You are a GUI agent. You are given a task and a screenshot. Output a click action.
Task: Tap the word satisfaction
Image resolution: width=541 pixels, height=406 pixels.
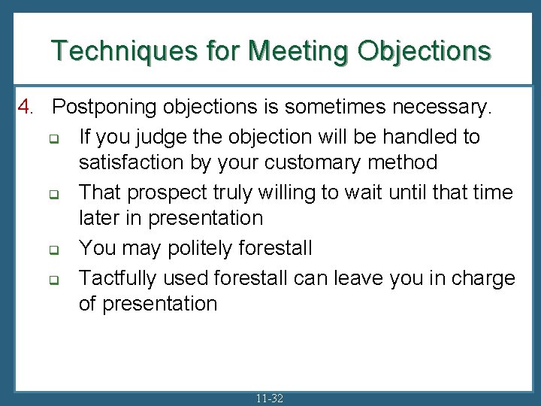click(x=131, y=162)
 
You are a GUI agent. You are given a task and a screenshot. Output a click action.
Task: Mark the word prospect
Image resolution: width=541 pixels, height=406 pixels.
click(x=165, y=192)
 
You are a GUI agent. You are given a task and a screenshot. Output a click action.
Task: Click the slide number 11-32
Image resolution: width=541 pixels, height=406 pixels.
click(x=270, y=398)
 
